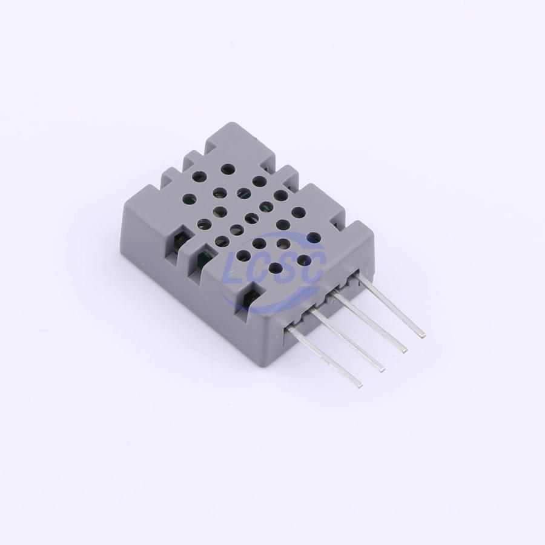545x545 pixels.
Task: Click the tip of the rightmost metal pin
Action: pos(423,335)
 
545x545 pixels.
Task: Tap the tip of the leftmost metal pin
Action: pos(359,385)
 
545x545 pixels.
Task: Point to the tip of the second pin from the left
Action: pos(382,370)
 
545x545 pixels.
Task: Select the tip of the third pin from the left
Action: pos(405,351)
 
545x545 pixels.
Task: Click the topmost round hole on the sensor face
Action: pos(228,170)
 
